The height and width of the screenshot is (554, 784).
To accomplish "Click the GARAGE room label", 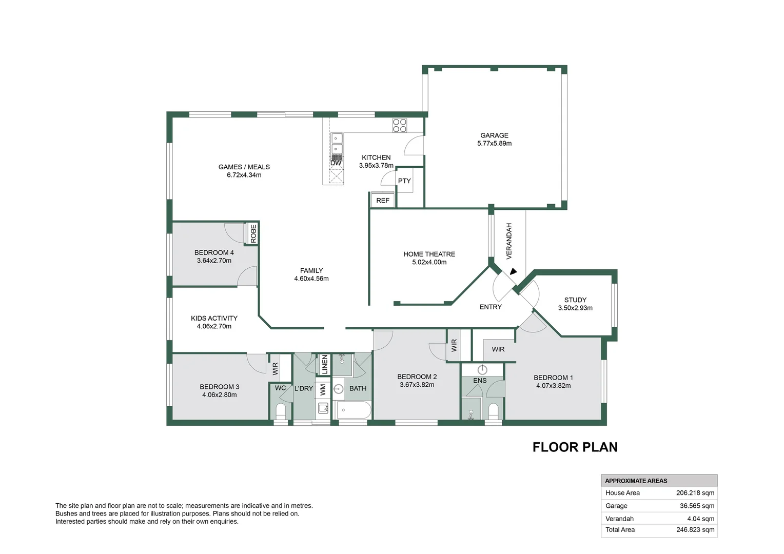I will (x=494, y=135).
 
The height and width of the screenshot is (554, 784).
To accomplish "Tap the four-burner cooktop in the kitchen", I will (x=399, y=125).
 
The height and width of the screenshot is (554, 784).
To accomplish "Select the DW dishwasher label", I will (x=336, y=163).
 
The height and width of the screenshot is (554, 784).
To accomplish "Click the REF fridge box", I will (x=383, y=201).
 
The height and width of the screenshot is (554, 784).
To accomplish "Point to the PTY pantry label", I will (x=404, y=181).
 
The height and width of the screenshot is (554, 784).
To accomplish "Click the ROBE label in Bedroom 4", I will (x=253, y=234).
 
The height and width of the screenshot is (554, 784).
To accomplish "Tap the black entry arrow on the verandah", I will (x=513, y=272).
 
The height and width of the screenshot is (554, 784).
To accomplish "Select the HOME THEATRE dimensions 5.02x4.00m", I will (x=429, y=262).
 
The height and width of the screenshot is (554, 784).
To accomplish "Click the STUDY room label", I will (x=575, y=300).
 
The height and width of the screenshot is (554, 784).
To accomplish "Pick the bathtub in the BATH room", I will (x=353, y=410).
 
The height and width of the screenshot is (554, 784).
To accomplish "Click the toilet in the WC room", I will (x=281, y=411).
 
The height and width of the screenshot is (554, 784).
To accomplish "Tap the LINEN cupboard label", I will (x=324, y=364).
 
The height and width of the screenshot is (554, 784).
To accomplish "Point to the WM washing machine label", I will (x=323, y=389).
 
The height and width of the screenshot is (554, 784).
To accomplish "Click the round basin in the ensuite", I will (x=482, y=369).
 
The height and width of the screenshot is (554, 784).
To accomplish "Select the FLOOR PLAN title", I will (x=575, y=447).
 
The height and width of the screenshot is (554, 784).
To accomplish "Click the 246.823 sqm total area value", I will (x=695, y=530).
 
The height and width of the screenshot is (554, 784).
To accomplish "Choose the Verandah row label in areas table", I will (x=619, y=519).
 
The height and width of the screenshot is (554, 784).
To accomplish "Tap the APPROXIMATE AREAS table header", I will (x=636, y=481).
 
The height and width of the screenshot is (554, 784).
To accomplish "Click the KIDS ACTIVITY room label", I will (x=214, y=318).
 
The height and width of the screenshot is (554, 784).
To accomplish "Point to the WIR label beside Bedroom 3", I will (x=275, y=368).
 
